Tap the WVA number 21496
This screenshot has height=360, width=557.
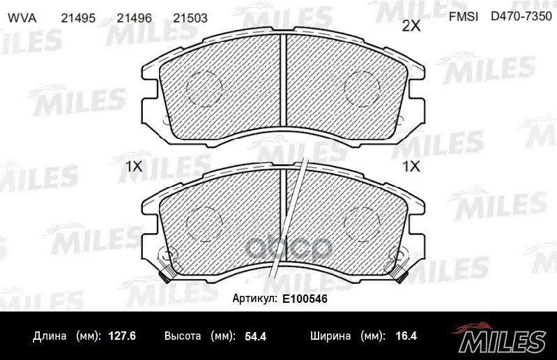click(135, 20)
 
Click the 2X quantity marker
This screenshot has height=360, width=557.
click(412, 27)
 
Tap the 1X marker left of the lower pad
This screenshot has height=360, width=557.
click(133, 167)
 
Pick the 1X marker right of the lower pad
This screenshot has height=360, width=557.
click(412, 167)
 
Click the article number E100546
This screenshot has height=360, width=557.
click(305, 298)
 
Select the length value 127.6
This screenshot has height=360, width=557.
click(122, 336)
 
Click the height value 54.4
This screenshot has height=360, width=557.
click(254, 336)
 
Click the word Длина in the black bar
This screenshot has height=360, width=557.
click(50, 336)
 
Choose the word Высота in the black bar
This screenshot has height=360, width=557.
click(183, 336)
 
